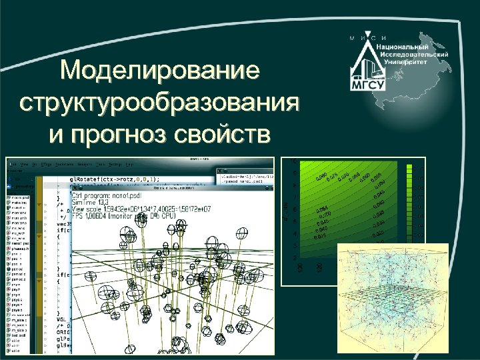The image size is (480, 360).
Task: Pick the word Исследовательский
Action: tap(413, 53)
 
